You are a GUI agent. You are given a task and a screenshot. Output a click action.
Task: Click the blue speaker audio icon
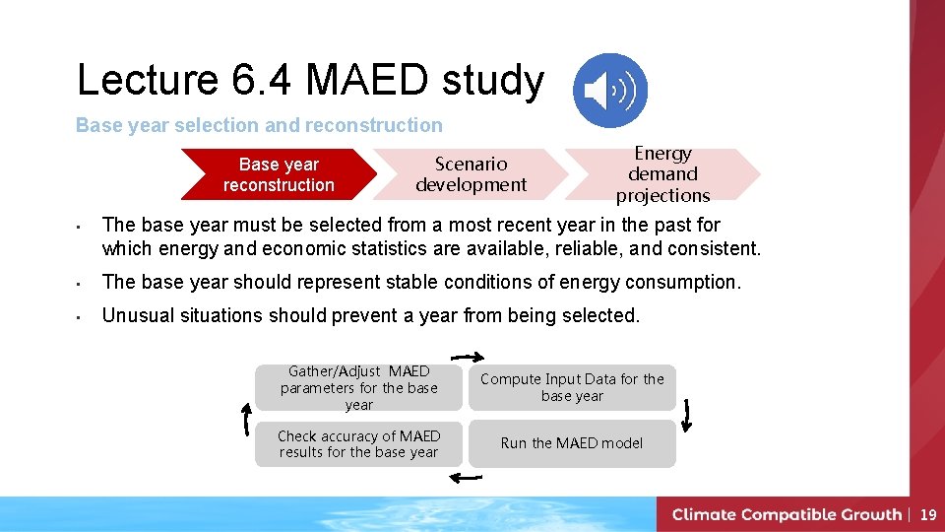pyautogui.click(x=610, y=91)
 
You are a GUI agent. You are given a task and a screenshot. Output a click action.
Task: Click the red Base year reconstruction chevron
pyautogui.click(x=279, y=174)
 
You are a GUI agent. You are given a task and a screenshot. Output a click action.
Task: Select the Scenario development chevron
pyautogui.click(x=471, y=174)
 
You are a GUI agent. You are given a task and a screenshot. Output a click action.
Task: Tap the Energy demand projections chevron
pyautogui.click(x=662, y=174)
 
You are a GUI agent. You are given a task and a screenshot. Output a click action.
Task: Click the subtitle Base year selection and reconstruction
pyautogui.click(x=259, y=125)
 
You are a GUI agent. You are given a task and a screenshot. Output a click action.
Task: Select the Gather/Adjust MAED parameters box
pyautogui.click(x=358, y=387)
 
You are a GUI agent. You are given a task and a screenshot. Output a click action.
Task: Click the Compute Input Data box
pyautogui.click(x=572, y=387)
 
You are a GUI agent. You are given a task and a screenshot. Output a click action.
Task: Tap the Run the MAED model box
pyautogui.click(x=572, y=443)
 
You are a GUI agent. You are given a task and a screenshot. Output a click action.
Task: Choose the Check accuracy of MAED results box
pyautogui.click(x=358, y=443)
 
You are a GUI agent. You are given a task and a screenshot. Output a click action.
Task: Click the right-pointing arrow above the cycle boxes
pyautogui.click(x=468, y=357)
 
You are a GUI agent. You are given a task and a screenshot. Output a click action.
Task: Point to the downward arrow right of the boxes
pyautogui.click(x=686, y=415)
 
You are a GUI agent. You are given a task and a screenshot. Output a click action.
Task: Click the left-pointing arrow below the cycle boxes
pyautogui.click(x=465, y=478)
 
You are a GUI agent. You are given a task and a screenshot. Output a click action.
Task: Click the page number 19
pyautogui.click(x=927, y=514)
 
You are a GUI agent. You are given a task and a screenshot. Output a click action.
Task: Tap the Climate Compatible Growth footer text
pyautogui.click(x=787, y=514)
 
